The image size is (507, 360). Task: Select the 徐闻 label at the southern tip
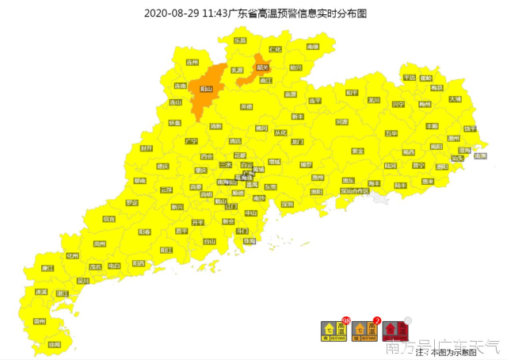tap(54, 344)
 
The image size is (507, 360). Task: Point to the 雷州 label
tap(40, 321)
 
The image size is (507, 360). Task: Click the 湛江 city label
tap(62, 293)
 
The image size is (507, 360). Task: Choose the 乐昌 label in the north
tap(240, 40)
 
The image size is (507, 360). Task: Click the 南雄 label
tap(311, 48)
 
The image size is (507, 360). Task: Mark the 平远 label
tap(410, 78)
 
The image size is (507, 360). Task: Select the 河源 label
tap(341, 122)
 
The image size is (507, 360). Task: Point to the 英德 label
tap(246, 106)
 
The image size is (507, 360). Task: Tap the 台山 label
tap(208, 241)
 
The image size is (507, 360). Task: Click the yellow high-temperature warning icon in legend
tap(334, 329)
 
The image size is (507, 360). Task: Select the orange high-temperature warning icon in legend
tap(366, 329)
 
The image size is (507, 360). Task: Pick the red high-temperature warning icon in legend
tap(396, 329)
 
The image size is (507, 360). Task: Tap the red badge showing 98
tap(346, 320)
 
